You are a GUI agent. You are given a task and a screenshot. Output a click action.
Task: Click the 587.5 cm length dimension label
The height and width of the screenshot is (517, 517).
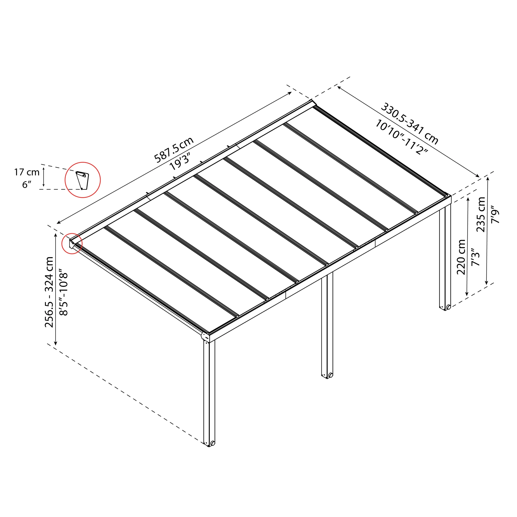pyautogui.click(x=174, y=150)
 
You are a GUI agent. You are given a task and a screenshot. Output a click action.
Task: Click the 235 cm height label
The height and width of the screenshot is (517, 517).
pyautogui.click(x=481, y=214)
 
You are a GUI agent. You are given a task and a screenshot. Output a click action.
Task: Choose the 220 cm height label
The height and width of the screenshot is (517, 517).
pyautogui.click(x=461, y=257)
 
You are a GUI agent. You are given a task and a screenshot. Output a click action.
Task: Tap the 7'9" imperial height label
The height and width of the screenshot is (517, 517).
pyautogui.click(x=495, y=214)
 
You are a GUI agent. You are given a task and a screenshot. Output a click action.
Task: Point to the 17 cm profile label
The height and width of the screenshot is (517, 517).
pyautogui.click(x=27, y=172)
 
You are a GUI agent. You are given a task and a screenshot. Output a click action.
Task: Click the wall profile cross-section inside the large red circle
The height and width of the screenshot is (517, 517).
pyautogui.click(x=82, y=180)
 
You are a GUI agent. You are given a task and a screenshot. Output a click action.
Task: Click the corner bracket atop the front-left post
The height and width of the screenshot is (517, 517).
pyautogui.click(x=206, y=336)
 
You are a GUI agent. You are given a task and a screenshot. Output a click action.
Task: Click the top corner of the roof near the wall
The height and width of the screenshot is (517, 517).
pyautogui.click(x=312, y=102)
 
